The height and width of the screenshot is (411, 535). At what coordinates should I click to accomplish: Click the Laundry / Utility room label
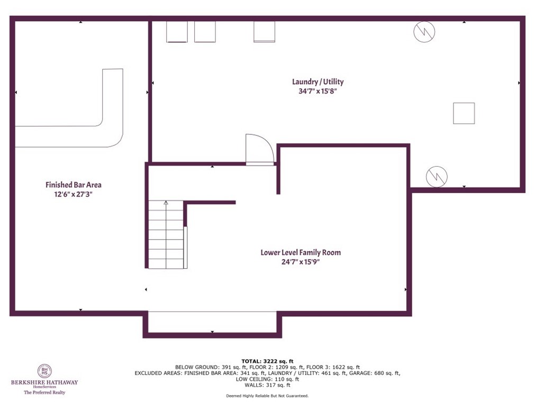coord(318,81)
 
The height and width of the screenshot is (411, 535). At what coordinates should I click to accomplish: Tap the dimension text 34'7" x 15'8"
coord(318,91)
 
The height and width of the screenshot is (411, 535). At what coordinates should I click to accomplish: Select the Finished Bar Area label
coord(73,185)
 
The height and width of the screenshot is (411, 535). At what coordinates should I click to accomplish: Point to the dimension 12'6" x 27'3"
coord(73,194)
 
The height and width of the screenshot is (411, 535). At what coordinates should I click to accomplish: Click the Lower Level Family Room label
coord(301,252)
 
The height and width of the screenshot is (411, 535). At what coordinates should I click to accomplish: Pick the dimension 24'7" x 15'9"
coord(301,262)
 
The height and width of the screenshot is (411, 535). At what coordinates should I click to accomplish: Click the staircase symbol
coord(166,234)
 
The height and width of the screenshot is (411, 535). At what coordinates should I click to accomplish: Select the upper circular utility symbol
coord(424,32)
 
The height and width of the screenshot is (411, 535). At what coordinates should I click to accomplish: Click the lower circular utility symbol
coord(437,176)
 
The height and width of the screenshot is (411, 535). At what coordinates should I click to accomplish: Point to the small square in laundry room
coord(464,113)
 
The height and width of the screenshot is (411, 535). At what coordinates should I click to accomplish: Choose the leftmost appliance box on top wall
coord(177,32)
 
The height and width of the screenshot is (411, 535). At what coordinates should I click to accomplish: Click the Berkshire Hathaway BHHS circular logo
coord(44,371)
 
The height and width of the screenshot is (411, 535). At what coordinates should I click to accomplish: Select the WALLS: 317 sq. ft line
coord(267,385)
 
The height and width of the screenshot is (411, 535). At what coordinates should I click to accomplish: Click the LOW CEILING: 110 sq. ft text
coord(267,379)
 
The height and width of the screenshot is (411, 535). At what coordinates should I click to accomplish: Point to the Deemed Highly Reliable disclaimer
coord(267,396)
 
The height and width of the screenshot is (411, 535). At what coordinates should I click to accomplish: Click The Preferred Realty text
coord(44,392)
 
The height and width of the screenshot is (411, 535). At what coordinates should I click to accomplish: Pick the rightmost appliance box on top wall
coord(265,32)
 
